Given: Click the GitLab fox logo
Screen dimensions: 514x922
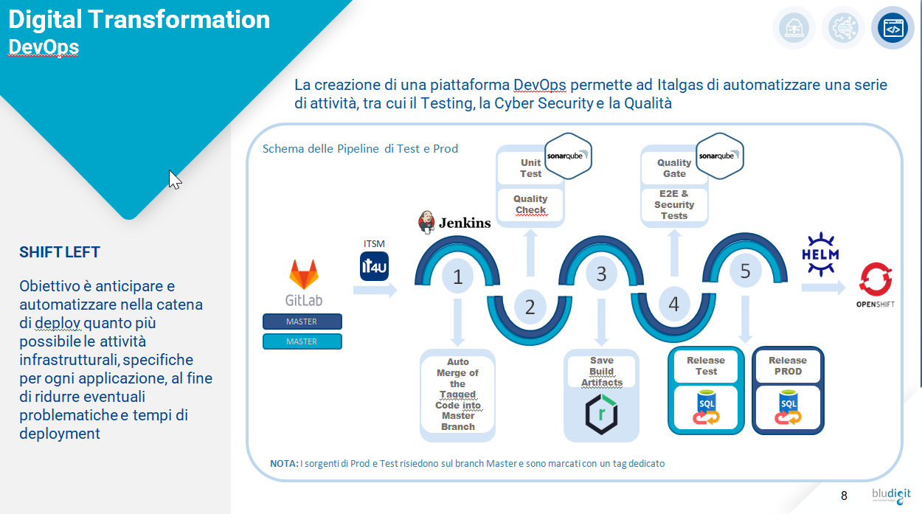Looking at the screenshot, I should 303,274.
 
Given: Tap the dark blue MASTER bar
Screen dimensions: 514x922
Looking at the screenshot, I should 302,322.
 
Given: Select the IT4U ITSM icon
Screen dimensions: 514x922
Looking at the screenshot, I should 374,266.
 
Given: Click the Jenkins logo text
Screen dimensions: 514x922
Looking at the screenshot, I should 464,222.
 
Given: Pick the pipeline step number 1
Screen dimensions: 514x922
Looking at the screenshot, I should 457,277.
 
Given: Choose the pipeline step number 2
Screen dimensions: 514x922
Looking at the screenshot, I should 530,306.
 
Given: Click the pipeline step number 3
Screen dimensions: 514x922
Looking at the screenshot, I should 601,274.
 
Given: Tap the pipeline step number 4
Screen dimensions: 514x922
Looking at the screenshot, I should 673,304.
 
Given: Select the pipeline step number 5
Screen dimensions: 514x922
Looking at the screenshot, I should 745,271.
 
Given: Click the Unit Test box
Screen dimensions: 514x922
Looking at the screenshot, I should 530,168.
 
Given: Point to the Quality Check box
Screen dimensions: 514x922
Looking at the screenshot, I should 530,204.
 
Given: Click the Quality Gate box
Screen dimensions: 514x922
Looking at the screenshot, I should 674,168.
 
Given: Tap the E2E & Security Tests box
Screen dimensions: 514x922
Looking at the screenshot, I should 674,204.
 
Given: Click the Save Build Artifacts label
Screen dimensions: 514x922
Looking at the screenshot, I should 601,372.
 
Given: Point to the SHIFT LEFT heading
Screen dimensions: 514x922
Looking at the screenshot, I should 60,252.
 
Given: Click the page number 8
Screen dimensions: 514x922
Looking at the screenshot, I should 844,495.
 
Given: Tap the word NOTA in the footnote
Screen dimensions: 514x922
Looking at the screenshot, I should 284,464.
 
